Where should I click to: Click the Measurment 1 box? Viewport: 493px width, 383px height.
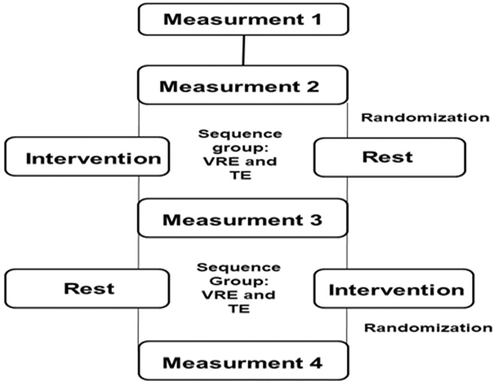[x=244, y=19]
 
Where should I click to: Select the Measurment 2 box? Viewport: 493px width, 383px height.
[x=242, y=85]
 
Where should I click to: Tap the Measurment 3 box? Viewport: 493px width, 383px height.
[x=242, y=218]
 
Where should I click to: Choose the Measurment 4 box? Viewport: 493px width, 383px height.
[x=244, y=360]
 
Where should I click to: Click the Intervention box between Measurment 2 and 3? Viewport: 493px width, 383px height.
[x=87, y=157]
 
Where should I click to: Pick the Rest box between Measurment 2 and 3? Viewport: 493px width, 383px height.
[x=390, y=157]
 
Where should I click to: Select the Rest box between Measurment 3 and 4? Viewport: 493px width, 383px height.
[x=87, y=288]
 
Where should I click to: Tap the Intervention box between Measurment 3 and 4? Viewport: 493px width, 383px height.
[x=394, y=288]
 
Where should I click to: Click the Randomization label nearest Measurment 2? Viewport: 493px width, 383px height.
[x=425, y=118]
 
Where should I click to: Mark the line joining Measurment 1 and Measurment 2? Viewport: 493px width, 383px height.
[x=244, y=50]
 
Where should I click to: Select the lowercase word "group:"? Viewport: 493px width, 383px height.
[x=240, y=148]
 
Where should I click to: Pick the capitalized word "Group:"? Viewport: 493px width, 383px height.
[x=239, y=281]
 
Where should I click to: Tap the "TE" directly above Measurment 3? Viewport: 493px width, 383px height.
[x=241, y=175]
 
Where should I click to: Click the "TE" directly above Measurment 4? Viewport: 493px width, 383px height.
[x=239, y=309]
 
